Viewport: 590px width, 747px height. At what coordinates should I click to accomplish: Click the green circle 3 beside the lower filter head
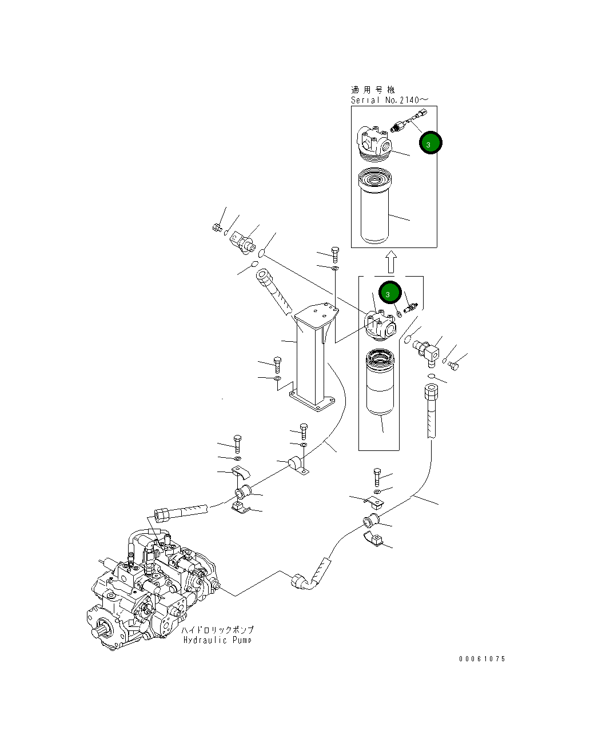pos(388,293)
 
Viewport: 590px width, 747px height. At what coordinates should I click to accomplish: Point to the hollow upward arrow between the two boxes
pos(390,262)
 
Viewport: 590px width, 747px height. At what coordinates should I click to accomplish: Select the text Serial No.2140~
pos(386,101)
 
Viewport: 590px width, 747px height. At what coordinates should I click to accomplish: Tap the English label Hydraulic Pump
pos(217,640)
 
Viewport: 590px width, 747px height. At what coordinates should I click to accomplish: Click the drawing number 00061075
pos(482,659)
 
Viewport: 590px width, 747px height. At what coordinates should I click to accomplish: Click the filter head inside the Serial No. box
pos(374,141)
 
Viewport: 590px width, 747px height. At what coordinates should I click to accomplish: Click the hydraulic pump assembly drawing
pos(152,594)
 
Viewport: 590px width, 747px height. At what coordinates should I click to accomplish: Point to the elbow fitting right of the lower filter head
pos(428,350)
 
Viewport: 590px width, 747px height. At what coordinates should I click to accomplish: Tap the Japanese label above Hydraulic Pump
pos(217,629)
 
